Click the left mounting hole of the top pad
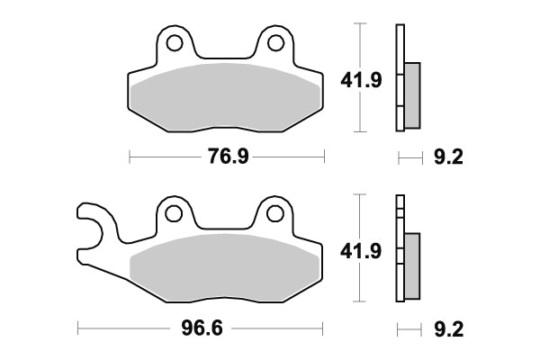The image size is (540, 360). pos(175,42)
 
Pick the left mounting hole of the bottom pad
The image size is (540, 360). pos(175,213)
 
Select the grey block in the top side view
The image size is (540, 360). pos(412,94)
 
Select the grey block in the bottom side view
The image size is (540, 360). pos(412,265)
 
